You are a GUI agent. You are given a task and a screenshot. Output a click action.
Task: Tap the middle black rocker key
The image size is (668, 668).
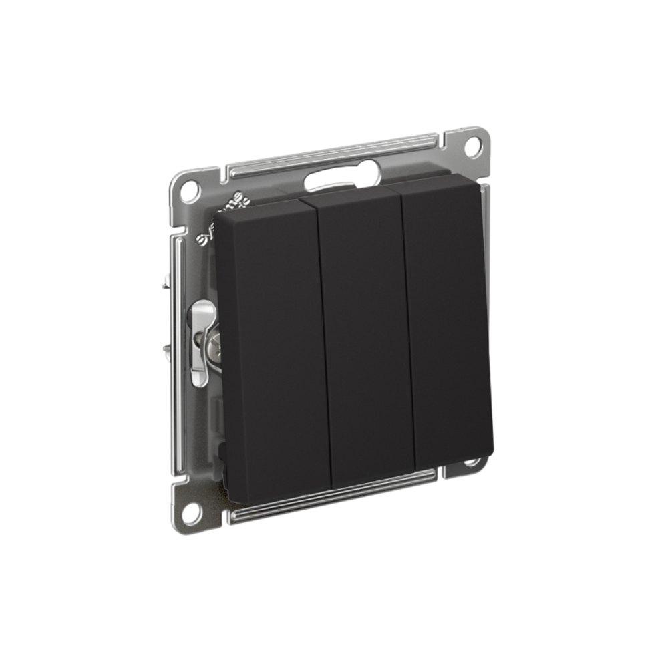(366, 334)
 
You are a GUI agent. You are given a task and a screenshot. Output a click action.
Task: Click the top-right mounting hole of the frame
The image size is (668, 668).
(473, 145)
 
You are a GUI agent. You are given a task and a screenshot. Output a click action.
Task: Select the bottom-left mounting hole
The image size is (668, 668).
(191, 512)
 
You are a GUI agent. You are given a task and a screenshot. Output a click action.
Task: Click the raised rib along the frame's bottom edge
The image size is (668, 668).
(334, 495)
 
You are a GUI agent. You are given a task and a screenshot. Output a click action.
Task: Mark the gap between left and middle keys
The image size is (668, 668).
(323, 341)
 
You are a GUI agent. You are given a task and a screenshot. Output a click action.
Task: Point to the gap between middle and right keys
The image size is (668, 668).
(409, 327)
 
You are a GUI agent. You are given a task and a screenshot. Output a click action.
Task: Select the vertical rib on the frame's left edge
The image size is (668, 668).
(178, 354)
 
